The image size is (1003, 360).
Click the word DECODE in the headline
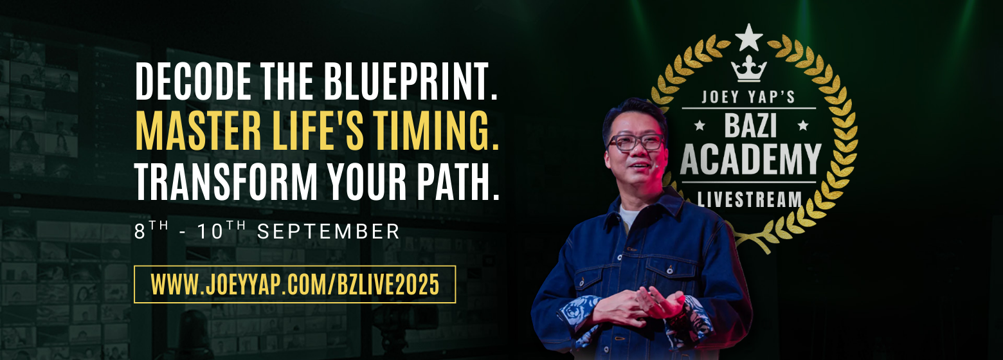pos(194,81)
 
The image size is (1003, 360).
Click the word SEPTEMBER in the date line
pos(328,231)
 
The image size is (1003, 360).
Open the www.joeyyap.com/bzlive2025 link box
pos(294,284)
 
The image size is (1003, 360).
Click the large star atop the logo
pos(748,38)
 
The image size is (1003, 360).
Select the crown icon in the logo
pos(748,69)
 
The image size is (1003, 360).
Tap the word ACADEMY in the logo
pos(750,159)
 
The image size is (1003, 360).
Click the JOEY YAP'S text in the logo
pos(748,96)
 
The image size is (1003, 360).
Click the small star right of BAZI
pos(803,125)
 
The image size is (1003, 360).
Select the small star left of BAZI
pos(700,125)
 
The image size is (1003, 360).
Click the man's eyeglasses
pos(636,142)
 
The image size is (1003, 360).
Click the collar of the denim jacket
pos(645,208)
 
